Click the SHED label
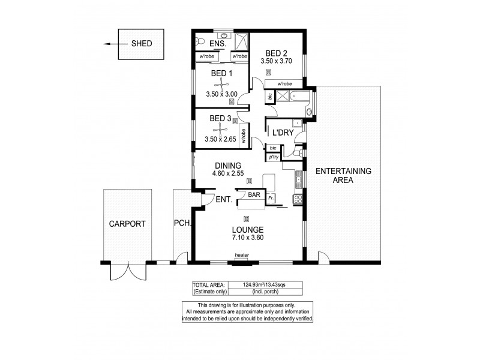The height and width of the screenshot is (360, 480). click(x=142, y=44)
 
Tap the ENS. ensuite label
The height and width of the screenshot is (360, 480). click(x=218, y=44)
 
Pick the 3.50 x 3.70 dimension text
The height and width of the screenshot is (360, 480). click(x=275, y=61)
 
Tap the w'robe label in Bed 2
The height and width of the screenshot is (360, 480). click(x=283, y=84)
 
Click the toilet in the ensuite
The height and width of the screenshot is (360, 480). click(x=201, y=41)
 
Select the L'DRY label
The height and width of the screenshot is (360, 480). click(x=282, y=133)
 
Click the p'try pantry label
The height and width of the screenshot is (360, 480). click(x=274, y=157)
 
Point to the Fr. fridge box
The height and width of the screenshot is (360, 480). click(x=271, y=197)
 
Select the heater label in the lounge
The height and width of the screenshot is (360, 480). click(x=242, y=256)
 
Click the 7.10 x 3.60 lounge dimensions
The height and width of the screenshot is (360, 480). click(x=248, y=237)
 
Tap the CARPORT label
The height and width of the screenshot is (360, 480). click(x=127, y=224)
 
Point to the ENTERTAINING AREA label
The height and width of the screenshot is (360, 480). click(x=344, y=175)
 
